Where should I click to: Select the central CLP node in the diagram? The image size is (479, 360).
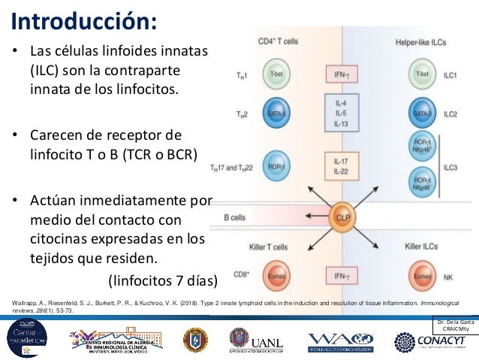point(342,217)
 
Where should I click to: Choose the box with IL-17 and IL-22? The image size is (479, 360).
point(341,166)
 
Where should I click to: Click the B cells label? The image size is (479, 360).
point(237,218)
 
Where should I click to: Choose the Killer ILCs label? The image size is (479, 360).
point(423,247)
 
